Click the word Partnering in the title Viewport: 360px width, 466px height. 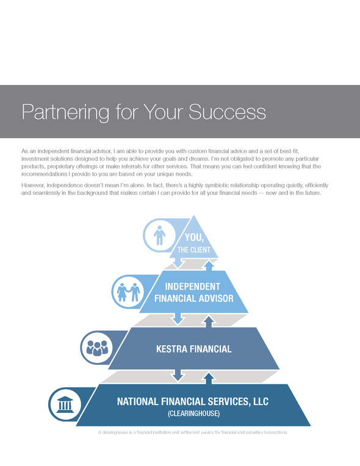(x=65, y=112)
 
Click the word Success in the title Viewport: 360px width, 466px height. (x=228, y=112)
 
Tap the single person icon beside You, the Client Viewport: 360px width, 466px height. (x=159, y=235)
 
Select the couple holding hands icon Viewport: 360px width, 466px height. (x=128, y=292)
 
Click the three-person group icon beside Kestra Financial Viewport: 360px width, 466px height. (x=97, y=348)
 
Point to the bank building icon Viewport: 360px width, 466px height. (x=65, y=404)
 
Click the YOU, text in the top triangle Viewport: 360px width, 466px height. (x=194, y=238)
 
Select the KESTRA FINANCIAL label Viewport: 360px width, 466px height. (x=194, y=349)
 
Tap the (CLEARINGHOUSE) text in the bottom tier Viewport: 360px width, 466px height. (x=194, y=414)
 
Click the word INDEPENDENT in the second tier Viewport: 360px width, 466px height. (x=193, y=287)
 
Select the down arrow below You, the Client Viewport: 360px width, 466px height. (x=178, y=262)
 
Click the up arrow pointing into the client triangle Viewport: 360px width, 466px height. (x=209, y=266)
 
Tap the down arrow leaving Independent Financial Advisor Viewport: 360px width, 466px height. (x=178, y=319)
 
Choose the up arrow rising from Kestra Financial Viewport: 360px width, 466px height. (x=209, y=321)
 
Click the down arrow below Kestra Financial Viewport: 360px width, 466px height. (x=178, y=375)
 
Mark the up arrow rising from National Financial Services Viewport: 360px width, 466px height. (x=209, y=378)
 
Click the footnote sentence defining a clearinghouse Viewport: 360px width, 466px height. (x=193, y=432)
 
